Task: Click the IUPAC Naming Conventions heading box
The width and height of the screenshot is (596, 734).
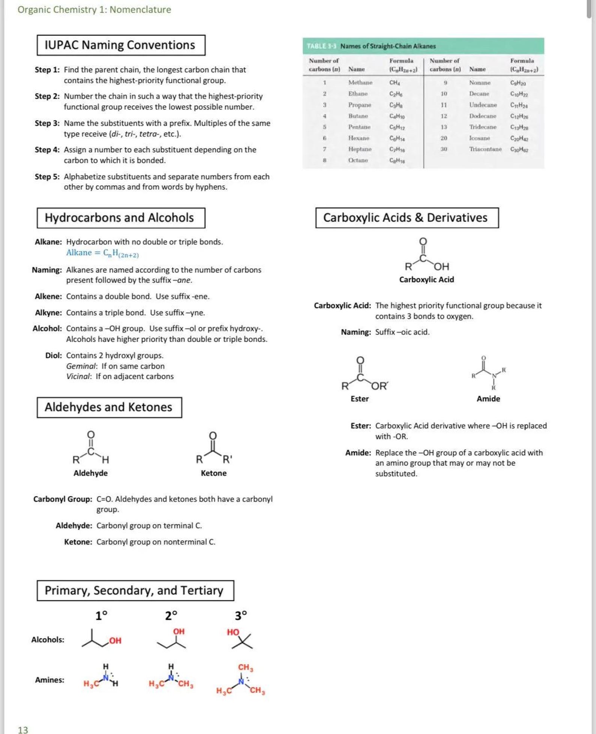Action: click(x=121, y=45)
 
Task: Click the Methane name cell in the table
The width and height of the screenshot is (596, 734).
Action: click(x=360, y=83)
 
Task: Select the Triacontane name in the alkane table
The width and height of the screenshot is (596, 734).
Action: click(x=485, y=149)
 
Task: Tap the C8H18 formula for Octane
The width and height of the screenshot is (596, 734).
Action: click(x=397, y=161)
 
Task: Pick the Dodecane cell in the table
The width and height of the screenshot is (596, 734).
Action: click(x=482, y=116)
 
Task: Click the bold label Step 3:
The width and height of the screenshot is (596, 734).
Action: click(x=47, y=123)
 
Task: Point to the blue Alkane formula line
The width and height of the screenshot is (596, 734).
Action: click(x=102, y=253)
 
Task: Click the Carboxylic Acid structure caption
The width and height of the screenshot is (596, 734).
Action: click(x=426, y=280)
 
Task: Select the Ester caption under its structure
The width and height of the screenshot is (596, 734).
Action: click(x=359, y=399)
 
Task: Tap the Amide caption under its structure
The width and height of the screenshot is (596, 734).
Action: click(x=488, y=399)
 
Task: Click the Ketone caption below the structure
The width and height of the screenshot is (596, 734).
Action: click(x=213, y=473)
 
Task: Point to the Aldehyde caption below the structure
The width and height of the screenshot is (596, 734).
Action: click(x=90, y=473)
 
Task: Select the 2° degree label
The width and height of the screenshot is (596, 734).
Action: click(x=171, y=616)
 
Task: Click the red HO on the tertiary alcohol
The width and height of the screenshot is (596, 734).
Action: click(x=233, y=632)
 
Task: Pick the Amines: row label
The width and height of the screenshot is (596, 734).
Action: click(x=49, y=680)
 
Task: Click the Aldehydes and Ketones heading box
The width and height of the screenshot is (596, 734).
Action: click(x=109, y=408)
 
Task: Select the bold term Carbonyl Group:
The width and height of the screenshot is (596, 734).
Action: click(x=62, y=499)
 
